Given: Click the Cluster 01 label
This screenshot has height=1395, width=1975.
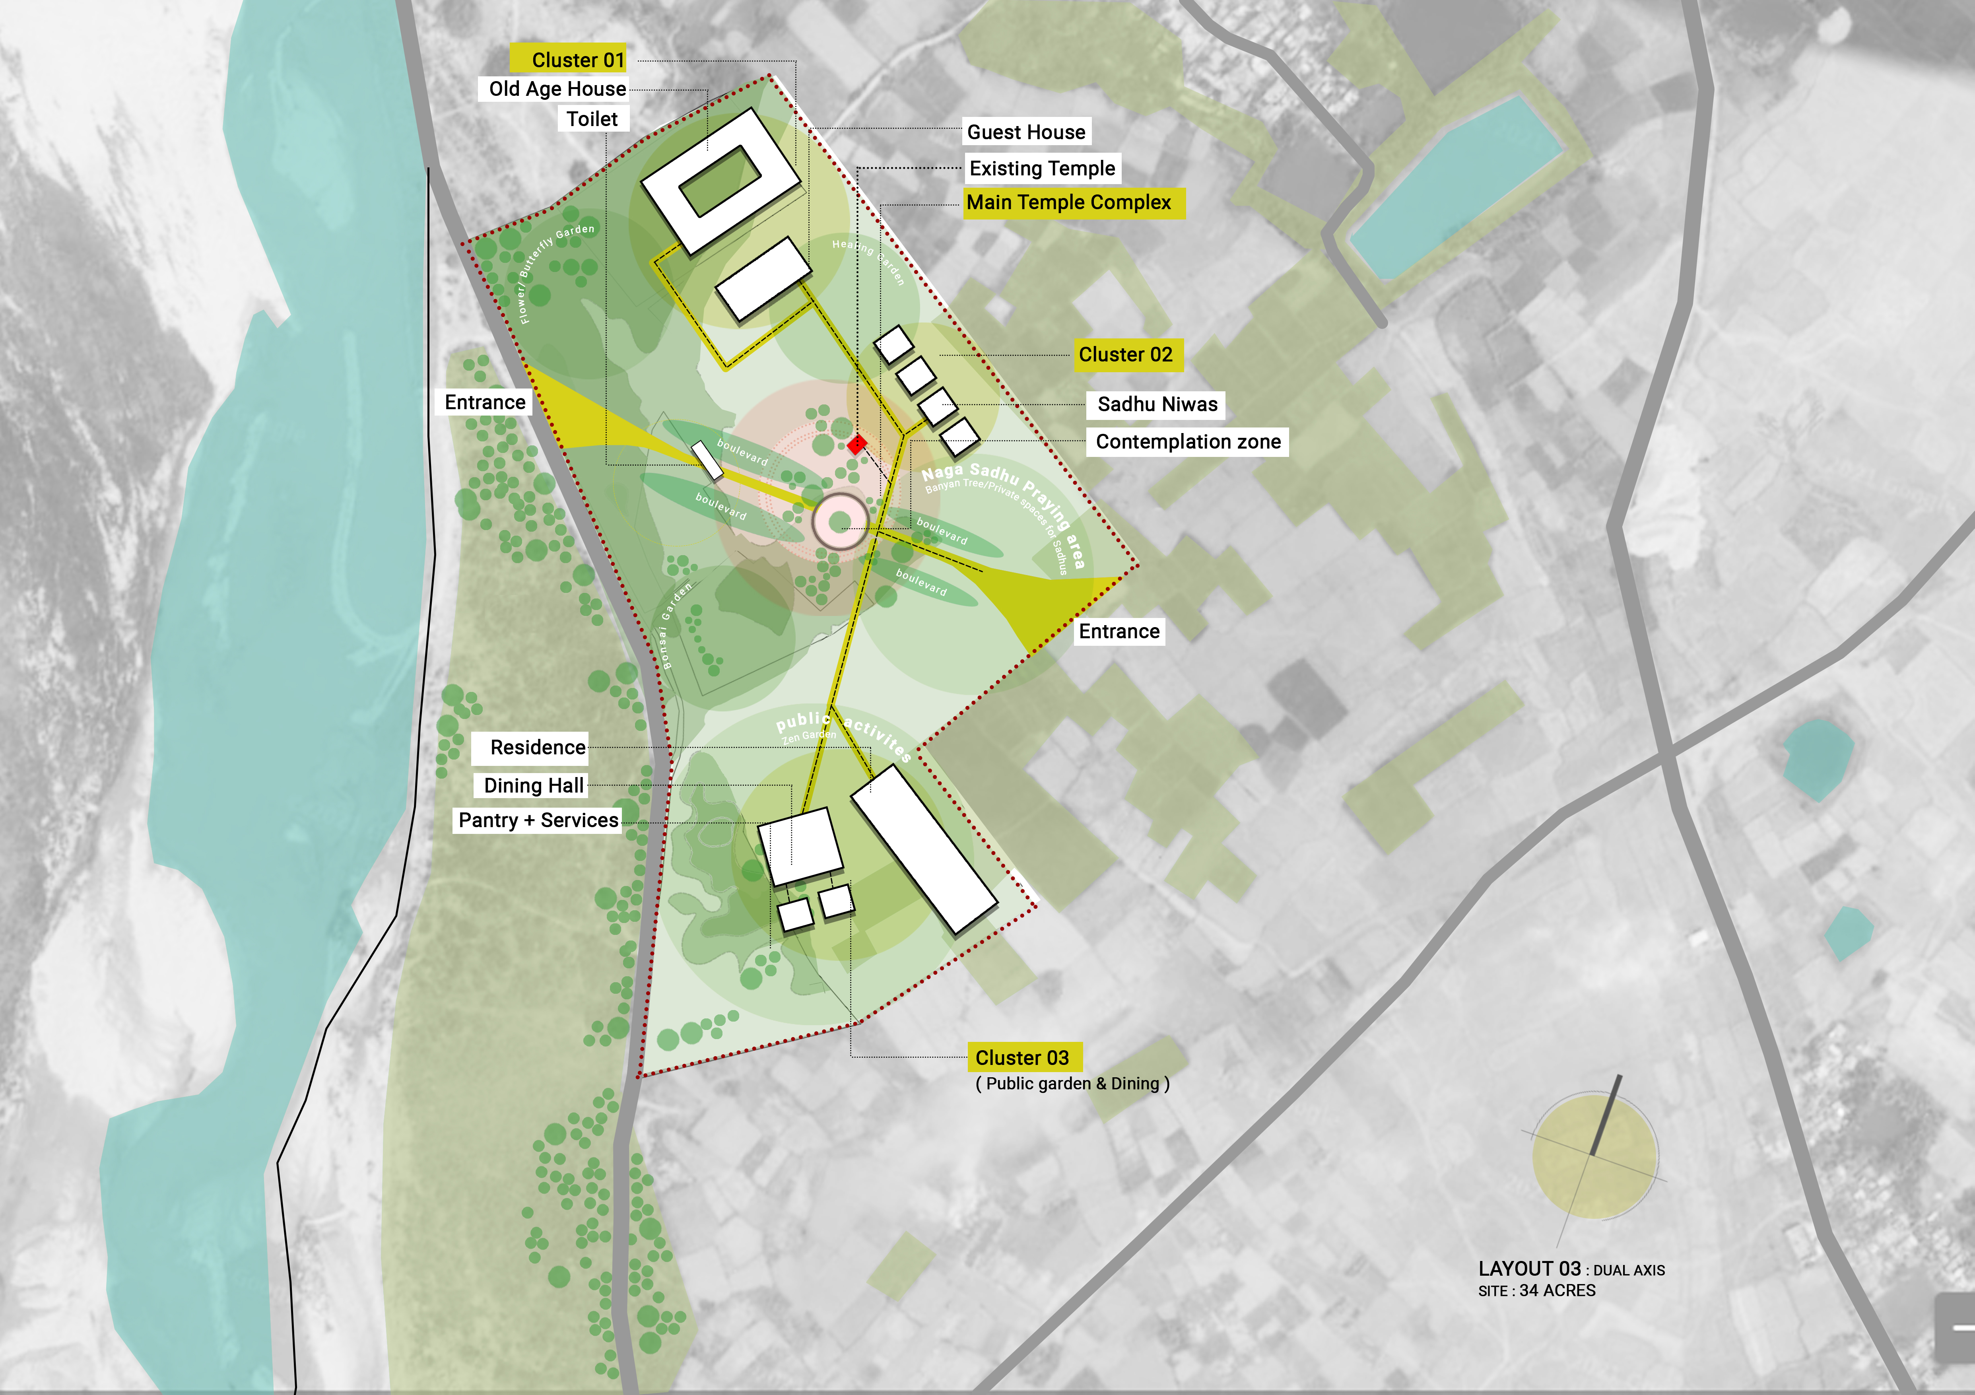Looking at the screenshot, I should pyautogui.click(x=576, y=59).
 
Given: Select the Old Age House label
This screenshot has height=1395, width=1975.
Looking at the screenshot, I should pyautogui.click(x=557, y=89).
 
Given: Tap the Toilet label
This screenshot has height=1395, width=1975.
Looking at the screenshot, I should pyautogui.click(x=592, y=119).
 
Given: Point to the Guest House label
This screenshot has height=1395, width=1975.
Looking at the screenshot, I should pyautogui.click(x=1025, y=132).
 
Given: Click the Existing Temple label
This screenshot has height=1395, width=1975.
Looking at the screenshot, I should pyautogui.click(x=1042, y=168).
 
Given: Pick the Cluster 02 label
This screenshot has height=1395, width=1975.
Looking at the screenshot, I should pyautogui.click(x=1125, y=354).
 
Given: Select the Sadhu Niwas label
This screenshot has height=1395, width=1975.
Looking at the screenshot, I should pyautogui.click(x=1157, y=404).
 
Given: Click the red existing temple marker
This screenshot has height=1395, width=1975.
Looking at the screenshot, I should pyautogui.click(x=856, y=445).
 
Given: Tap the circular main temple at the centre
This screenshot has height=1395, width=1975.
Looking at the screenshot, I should pyautogui.click(x=841, y=520).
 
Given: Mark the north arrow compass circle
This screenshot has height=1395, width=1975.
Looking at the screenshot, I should pyautogui.click(x=1594, y=1155).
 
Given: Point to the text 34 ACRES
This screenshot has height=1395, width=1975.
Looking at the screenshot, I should pyautogui.click(x=1557, y=1290).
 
